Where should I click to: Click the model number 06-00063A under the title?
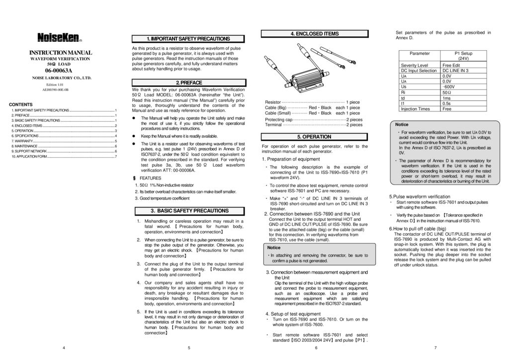point(60,71)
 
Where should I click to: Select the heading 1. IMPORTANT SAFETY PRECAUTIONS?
point(188,39)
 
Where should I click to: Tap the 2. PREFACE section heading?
point(188,82)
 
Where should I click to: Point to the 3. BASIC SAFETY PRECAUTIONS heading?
point(188,211)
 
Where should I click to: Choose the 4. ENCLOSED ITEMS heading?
point(314,34)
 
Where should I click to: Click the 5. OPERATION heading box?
point(314,136)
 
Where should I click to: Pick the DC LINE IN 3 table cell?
point(455,71)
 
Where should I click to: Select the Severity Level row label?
point(414,65)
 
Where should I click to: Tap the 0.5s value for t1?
point(447,103)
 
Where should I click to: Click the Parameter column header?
point(420,53)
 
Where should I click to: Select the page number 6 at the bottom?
point(316,347)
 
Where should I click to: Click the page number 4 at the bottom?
point(64,347)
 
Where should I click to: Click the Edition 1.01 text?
point(55,85)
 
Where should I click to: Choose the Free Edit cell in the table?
point(451,65)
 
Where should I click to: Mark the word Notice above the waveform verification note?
point(402,124)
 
